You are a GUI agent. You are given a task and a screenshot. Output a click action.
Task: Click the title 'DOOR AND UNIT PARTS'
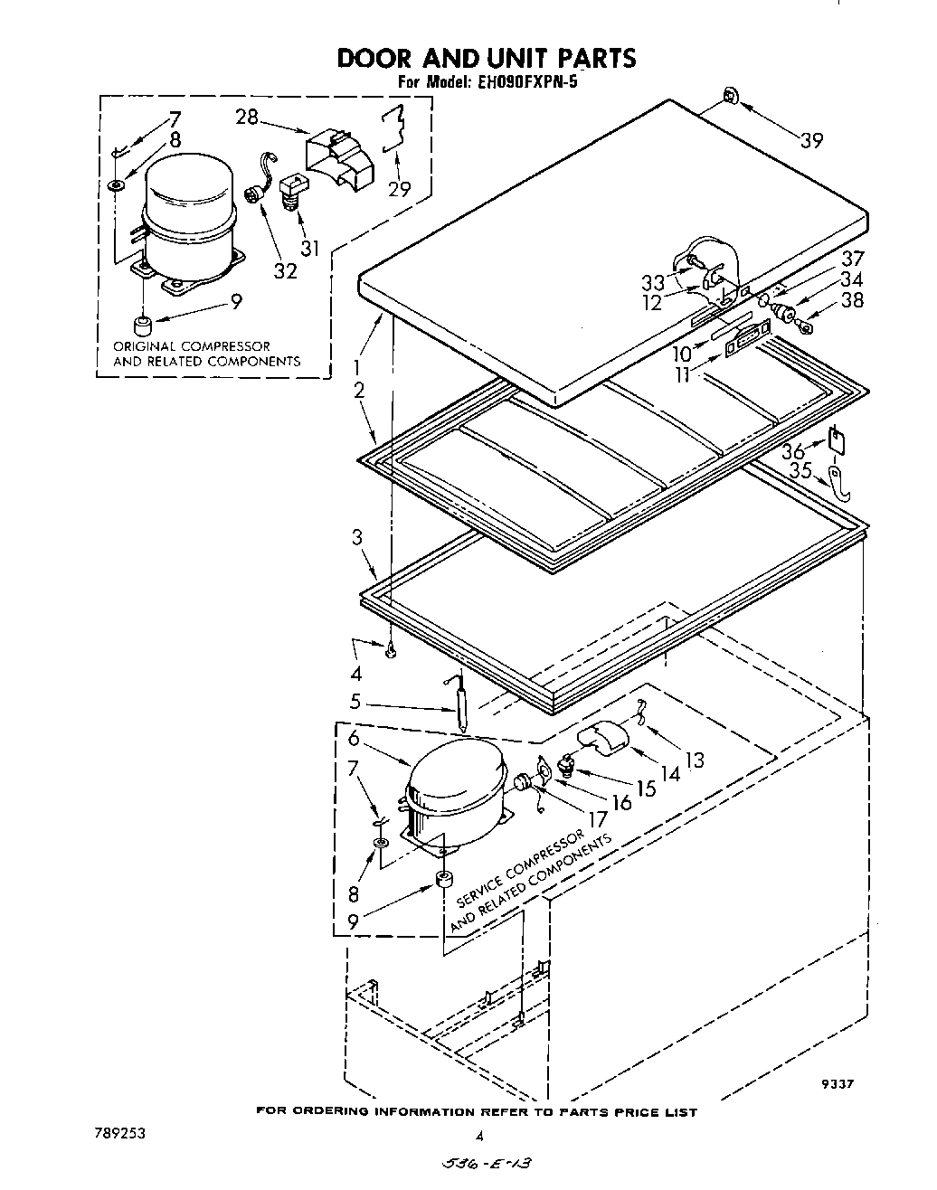tap(486, 58)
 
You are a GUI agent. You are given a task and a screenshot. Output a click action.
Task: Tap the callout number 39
tap(811, 139)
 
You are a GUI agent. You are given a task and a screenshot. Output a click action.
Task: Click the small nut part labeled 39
tap(729, 95)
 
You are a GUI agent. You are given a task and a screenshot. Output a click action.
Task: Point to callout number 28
tap(246, 117)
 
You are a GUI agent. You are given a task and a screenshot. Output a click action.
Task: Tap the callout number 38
tap(852, 301)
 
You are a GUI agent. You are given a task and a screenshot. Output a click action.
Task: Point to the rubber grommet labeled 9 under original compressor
tap(141, 325)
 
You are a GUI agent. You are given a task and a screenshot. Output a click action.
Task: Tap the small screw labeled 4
tap(390, 651)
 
